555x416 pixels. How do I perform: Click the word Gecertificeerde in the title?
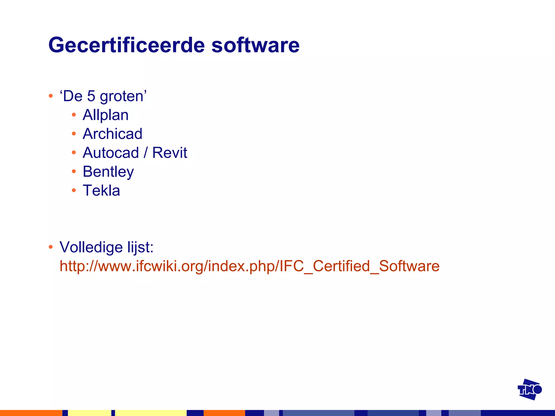[127, 45]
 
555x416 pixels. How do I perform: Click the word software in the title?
[255, 45]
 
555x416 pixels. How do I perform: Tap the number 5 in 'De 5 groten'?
[91, 96]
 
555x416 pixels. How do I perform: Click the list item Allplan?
[105, 115]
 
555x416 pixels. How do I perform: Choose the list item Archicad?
[112, 134]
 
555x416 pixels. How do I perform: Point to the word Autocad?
[111, 153]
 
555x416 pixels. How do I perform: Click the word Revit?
[170, 153]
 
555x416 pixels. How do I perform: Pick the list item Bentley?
[108, 172]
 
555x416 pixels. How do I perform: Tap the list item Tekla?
[101, 190]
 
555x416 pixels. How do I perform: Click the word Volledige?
[88, 247]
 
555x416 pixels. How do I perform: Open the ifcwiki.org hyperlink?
[249, 266]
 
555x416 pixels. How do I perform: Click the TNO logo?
[529, 389]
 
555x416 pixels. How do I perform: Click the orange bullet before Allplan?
[74, 115]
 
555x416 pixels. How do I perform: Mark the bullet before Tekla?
[74, 190]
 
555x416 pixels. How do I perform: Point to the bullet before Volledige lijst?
[51, 247]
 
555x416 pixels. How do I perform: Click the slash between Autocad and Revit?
[146, 153]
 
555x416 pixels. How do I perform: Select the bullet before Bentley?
[74, 171]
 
